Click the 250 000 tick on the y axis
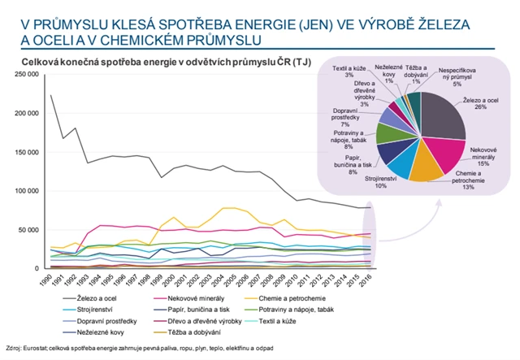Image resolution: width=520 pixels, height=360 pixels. point(25,75)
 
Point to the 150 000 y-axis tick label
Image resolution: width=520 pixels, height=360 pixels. point(25,152)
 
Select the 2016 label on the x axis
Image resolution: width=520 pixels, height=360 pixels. point(369,280)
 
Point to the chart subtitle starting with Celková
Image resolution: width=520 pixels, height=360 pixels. point(158,62)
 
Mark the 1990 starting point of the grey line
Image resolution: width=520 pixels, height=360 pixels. point(50,95)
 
